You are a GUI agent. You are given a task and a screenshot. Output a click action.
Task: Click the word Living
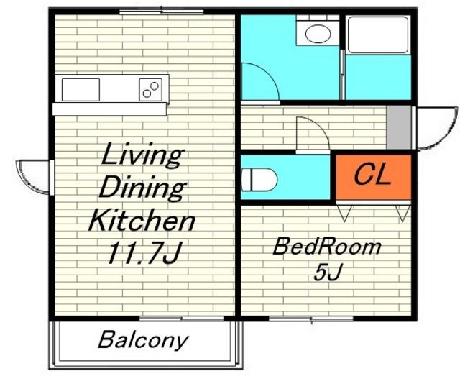point(142,155)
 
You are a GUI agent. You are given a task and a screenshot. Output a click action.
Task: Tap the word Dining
point(142,188)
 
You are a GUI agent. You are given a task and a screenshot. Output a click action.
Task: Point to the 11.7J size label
point(144,252)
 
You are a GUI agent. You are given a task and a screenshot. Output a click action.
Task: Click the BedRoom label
point(327,246)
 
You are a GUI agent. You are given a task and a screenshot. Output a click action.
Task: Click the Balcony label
point(142,340)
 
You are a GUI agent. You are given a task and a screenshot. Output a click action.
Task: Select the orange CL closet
point(374,177)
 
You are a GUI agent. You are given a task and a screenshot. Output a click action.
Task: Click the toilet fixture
point(259,179)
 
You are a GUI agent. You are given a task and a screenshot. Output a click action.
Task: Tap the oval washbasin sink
point(318,34)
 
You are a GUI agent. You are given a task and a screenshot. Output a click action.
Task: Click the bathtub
point(378,35)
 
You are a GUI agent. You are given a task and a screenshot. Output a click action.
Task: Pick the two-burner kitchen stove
point(150,90)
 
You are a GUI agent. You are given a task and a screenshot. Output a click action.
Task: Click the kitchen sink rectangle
point(80,90)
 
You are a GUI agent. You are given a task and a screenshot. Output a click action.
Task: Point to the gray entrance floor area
point(399,127)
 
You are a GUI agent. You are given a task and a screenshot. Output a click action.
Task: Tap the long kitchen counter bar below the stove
point(109,109)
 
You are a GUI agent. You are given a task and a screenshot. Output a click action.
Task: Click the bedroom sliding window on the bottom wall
point(311,319)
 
